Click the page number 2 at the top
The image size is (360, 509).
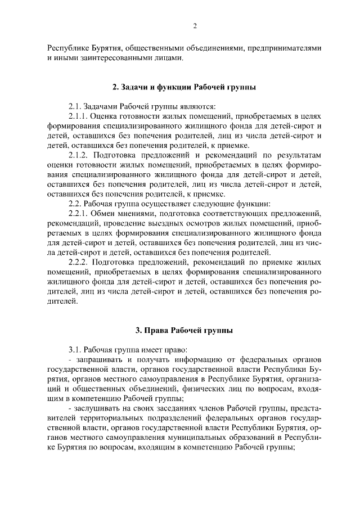coord(195,25)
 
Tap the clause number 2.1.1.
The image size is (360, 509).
coord(78,116)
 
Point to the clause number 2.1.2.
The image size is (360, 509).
coord(78,155)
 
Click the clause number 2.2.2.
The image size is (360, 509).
coord(78,262)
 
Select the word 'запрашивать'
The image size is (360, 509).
coord(96,359)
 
